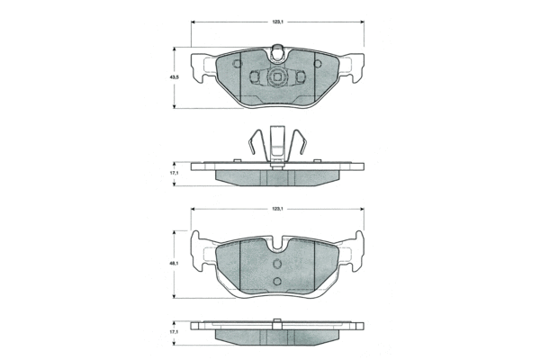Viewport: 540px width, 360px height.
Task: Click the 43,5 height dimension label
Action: pos(175,77)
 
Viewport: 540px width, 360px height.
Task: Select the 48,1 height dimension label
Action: pos(175,264)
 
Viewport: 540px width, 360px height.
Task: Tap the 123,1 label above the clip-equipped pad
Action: pos(277,22)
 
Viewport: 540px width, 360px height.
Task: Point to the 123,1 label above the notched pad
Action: pos(277,209)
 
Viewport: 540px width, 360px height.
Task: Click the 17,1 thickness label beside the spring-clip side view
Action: pos(175,174)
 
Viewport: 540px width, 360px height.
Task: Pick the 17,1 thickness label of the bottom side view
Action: pos(175,332)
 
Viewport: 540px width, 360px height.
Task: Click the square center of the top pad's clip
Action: pos(277,77)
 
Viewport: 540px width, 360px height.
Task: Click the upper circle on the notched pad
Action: pos(277,264)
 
